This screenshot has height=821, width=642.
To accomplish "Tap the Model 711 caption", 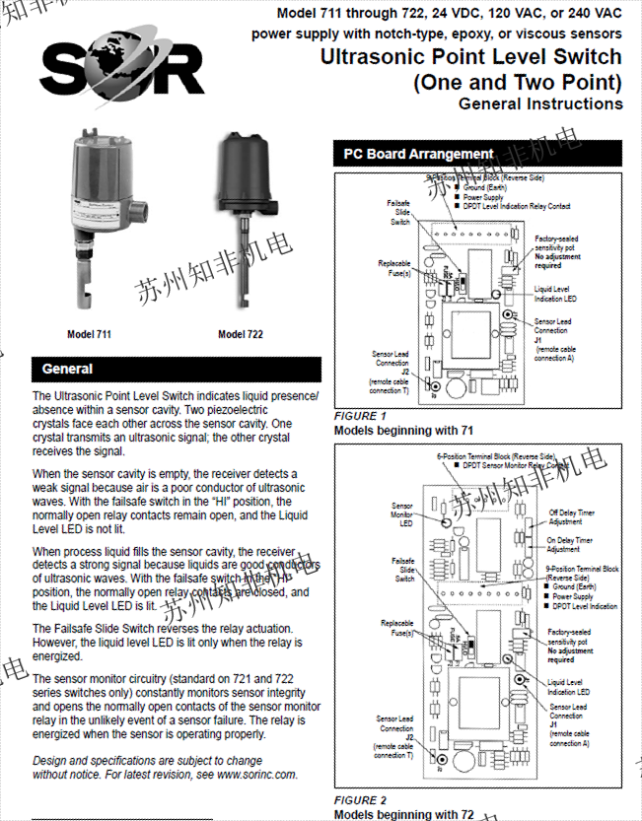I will click(89, 335).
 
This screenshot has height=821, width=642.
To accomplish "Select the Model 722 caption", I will click(241, 335).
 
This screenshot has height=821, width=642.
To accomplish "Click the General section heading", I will click(67, 370).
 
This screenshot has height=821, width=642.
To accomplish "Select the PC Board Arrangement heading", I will click(418, 155).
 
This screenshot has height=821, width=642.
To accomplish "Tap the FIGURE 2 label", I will click(361, 800).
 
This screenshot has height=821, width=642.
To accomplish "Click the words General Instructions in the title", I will click(540, 103).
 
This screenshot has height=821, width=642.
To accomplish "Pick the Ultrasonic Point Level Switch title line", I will click(471, 57).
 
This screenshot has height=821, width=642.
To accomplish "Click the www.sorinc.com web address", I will click(255, 775).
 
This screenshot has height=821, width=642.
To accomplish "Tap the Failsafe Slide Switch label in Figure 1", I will click(399, 212).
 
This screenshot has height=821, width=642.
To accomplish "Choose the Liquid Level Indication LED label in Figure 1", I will click(555, 293).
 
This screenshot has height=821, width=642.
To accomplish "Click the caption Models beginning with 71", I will click(403, 431).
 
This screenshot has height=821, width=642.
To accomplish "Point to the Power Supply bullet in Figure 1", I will click(483, 197).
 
